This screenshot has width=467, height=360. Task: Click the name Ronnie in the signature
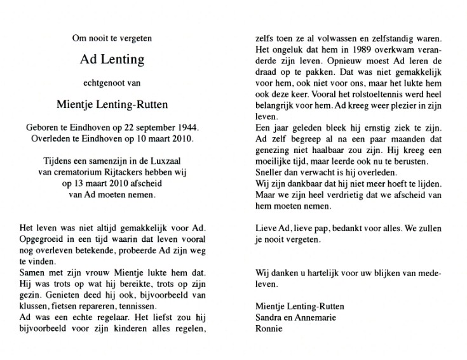click(x=267, y=328)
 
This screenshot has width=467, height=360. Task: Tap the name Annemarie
click(x=318, y=317)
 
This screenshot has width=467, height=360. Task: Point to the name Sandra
click(x=267, y=317)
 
